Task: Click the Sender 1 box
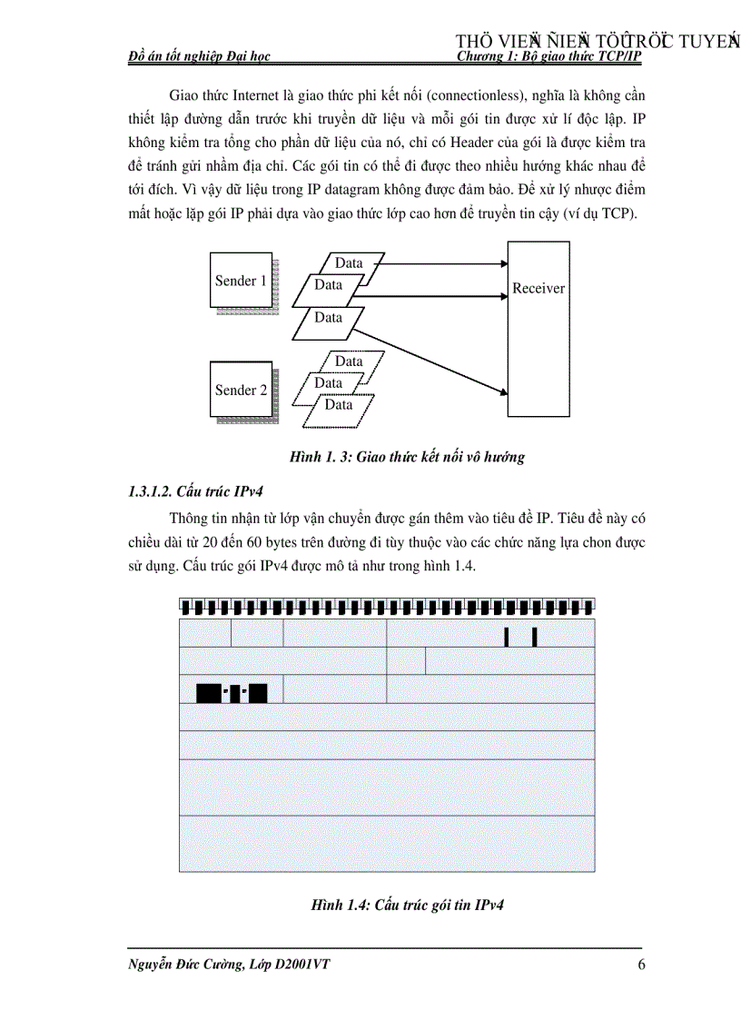[241, 281]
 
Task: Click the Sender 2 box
[241, 391]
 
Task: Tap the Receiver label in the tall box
[538, 289]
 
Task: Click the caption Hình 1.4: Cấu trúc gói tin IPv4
[408, 906]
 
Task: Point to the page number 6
[641, 966]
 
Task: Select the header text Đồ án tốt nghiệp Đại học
[200, 56]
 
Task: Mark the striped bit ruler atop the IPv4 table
[387, 606]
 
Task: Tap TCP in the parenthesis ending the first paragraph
[620, 213]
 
